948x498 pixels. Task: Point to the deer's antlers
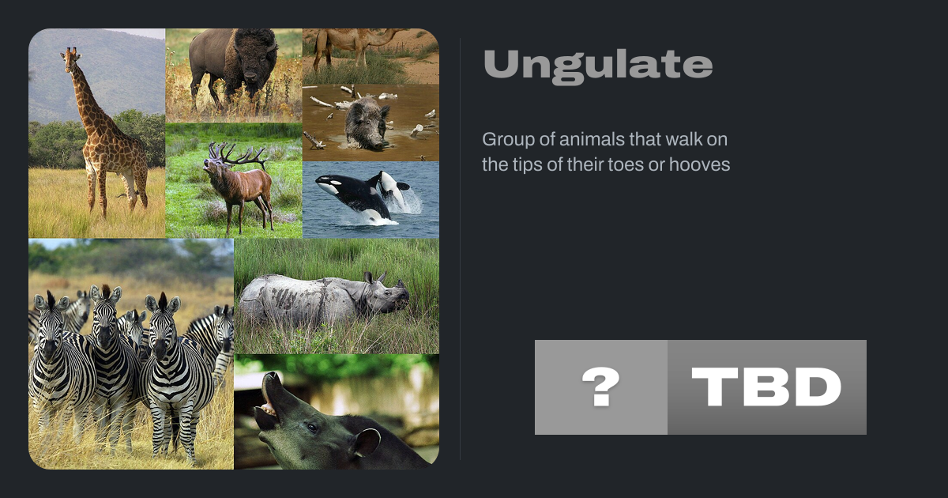237,155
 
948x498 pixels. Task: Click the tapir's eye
312,428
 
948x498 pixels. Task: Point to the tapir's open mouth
268,406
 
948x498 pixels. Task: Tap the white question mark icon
600,387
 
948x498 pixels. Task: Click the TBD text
766,387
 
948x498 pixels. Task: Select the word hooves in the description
699,164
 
